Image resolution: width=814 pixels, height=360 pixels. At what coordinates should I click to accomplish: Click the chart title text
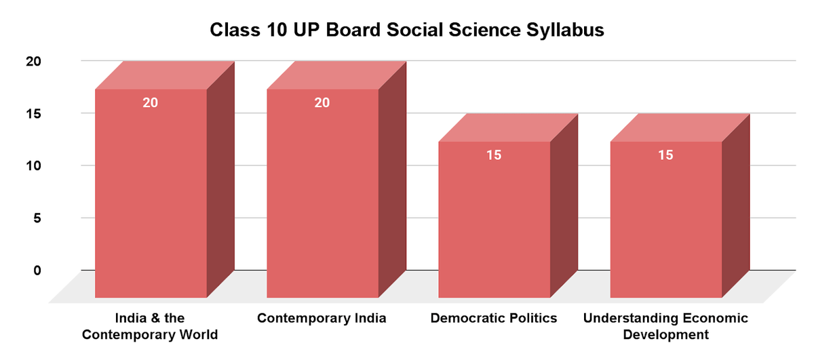tap(406, 31)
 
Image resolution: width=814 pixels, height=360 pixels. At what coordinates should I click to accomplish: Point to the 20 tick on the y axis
tap(33, 61)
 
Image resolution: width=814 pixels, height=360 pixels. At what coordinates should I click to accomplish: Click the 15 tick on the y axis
tap(33, 113)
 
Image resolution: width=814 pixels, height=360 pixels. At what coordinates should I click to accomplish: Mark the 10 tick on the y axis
tap(33, 165)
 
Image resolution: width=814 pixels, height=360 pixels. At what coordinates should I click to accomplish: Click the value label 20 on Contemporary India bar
tap(322, 103)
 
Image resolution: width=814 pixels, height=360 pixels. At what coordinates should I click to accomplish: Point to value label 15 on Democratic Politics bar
tap(494, 155)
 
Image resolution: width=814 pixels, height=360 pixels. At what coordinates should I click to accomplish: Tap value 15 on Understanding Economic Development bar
tap(665, 155)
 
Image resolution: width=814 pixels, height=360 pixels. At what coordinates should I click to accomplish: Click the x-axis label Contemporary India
tap(322, 319)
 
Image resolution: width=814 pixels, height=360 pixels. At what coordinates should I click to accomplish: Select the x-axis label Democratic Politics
tap(494, 319)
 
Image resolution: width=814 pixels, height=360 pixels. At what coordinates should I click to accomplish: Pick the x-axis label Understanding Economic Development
tap(665, 326)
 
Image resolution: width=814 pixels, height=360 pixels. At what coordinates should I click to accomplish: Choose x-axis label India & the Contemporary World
tap(150, 326)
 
